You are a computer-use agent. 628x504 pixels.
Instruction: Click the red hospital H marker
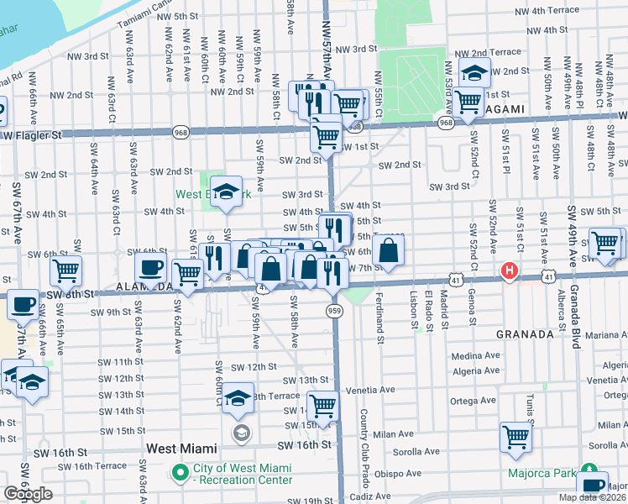click(509, 271)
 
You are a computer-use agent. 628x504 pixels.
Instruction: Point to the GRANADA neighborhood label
click(524, 334)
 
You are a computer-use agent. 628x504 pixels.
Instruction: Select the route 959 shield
click(332, 311)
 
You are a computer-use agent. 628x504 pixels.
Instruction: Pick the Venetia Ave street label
click(369, 390)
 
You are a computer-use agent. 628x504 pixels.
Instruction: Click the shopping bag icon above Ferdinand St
click(389, 249)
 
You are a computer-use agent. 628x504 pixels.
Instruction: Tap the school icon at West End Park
click(225, 192)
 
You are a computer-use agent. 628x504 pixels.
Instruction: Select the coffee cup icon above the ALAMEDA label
click(150, 267)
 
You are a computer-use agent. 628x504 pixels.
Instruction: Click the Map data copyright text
click(593, 497)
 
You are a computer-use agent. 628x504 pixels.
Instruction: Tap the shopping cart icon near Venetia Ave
click(322, 407)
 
